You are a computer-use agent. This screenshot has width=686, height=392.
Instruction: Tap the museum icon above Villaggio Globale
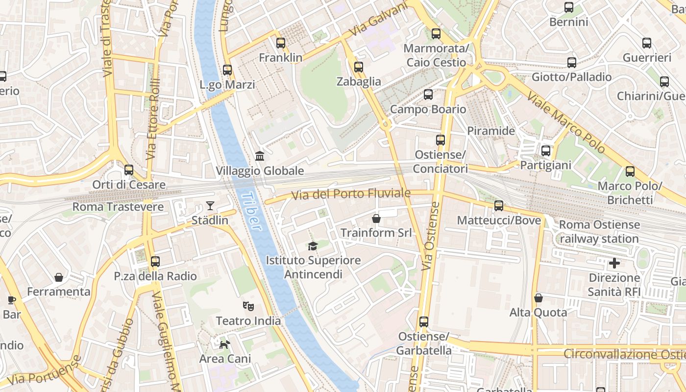point(260,156)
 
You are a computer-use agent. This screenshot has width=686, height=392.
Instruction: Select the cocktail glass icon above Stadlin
point(210,206)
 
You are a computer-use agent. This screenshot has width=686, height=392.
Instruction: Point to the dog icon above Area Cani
point(224,344)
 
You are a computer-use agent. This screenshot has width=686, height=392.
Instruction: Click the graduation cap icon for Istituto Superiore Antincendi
point(313,245)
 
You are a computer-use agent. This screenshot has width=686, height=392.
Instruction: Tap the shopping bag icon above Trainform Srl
point(376,218)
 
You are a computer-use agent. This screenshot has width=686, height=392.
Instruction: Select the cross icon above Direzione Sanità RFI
point(614,264)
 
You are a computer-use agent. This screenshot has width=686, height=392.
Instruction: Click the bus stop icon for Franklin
point(281,43)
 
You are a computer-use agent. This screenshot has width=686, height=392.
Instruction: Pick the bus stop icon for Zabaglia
point(359,67)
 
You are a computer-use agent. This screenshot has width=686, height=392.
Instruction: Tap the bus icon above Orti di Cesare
point(129,170)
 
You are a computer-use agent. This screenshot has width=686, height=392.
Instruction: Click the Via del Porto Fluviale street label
point(351,194)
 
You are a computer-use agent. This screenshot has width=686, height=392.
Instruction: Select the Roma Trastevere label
point(118,207)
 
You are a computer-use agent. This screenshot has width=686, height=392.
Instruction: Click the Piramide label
point(491,131)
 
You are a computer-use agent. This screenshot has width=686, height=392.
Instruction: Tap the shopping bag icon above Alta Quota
point(538,298)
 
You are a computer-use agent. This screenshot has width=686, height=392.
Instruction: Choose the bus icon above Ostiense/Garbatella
point(424,322)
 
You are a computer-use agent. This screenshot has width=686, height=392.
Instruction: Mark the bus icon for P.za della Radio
point(155,262)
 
